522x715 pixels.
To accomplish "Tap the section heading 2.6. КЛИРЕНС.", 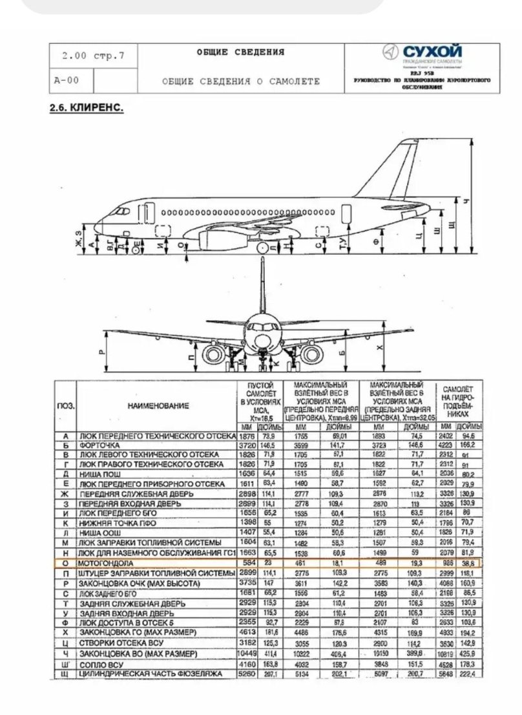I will pyautogui.click(x=87, y=107).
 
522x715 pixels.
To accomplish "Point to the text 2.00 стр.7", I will pyautogui.click(x=93, y=56).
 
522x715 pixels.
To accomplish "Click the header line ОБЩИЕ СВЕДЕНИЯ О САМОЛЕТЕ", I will pyautogui.click(x=240, y=82).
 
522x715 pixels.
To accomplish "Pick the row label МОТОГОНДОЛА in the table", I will pyautogui.click(x=104, y=564).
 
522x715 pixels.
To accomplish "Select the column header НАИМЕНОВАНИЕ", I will pyautogui.click(x=158, y=405).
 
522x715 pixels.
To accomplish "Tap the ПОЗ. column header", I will pyautogui.click(x=65, y=406).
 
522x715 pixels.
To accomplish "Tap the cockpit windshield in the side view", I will pyautogui.click(x=120, y=210).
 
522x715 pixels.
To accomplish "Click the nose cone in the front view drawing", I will pyautogui.click(x=262, y=340).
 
